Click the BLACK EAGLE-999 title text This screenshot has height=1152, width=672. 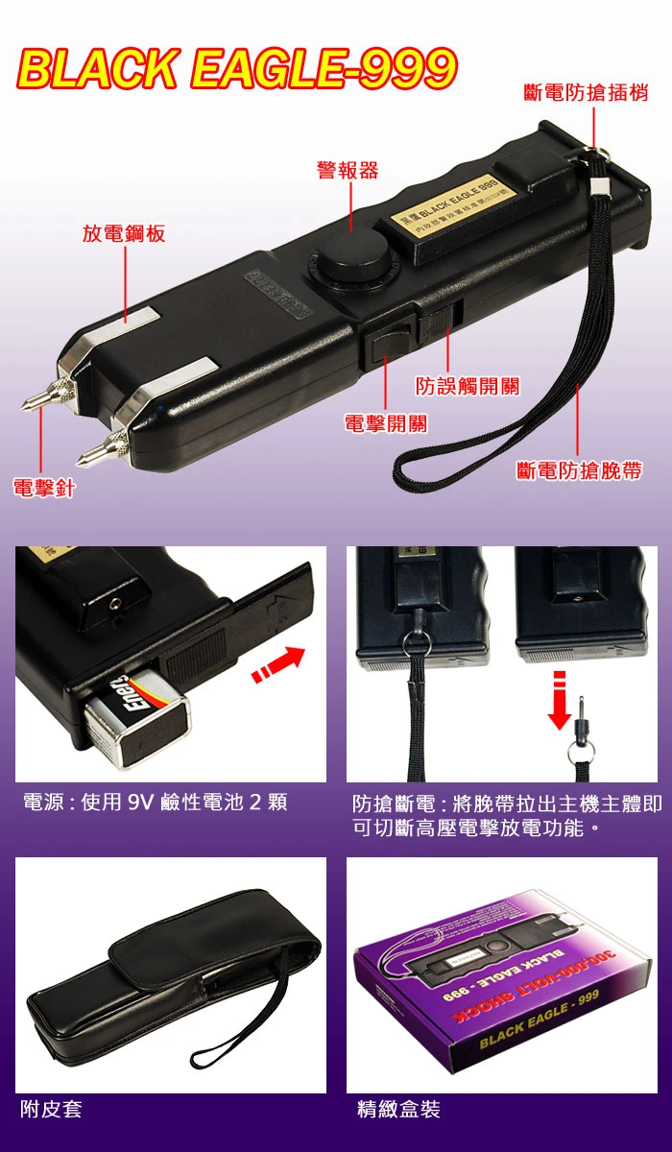[236, 69]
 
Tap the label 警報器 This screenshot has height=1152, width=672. [348, 171]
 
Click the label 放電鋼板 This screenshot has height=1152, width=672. [124, 233]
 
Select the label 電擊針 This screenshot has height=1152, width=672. [43, 488]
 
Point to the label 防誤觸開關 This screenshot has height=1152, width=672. [468, 386]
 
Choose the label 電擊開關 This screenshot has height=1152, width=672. [386, 423]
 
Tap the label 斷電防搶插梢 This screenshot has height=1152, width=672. [586, 93]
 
